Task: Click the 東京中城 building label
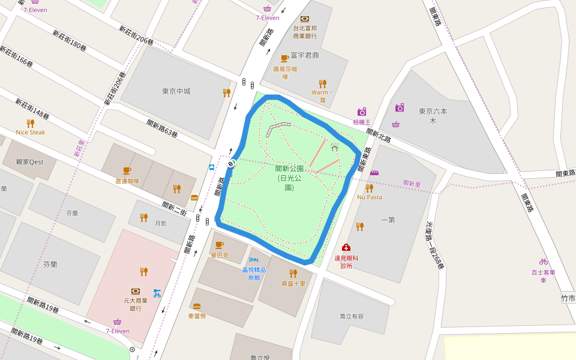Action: (x=176, y=91)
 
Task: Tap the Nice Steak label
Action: (x=31, y=132)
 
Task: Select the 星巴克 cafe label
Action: (x=219, y=255)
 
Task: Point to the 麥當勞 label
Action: (x=196, y=316)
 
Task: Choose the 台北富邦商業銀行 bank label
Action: (x=304, y=32)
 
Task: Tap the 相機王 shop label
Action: (x=361, y=122)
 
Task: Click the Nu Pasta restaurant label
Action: (x=369, y=197)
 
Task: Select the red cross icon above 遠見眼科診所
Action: (x=346, y=247)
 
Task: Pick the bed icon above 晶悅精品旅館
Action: (x=253, y=260)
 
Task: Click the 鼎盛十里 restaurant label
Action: (x=293, y=283)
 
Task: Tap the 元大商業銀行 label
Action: (x=136, y=304)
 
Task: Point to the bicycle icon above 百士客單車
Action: (x=543, y=262)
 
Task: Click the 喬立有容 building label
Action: (x=352, y=316)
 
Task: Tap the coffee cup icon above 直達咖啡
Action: (x=127, y=170)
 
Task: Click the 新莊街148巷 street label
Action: (x=32, y=108)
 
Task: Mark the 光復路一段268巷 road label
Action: (x=435, y=244)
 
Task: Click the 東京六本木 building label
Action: (x=433, y=116)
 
